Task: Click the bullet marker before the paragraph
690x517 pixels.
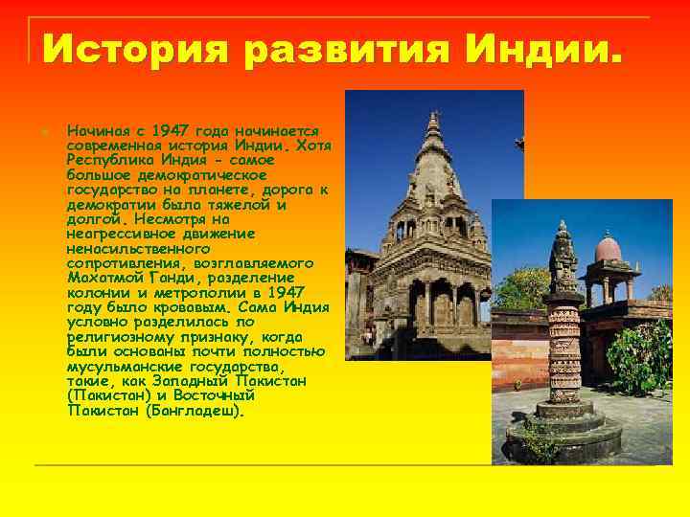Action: click(44, 130)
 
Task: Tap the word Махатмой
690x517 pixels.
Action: click(103, 279)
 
